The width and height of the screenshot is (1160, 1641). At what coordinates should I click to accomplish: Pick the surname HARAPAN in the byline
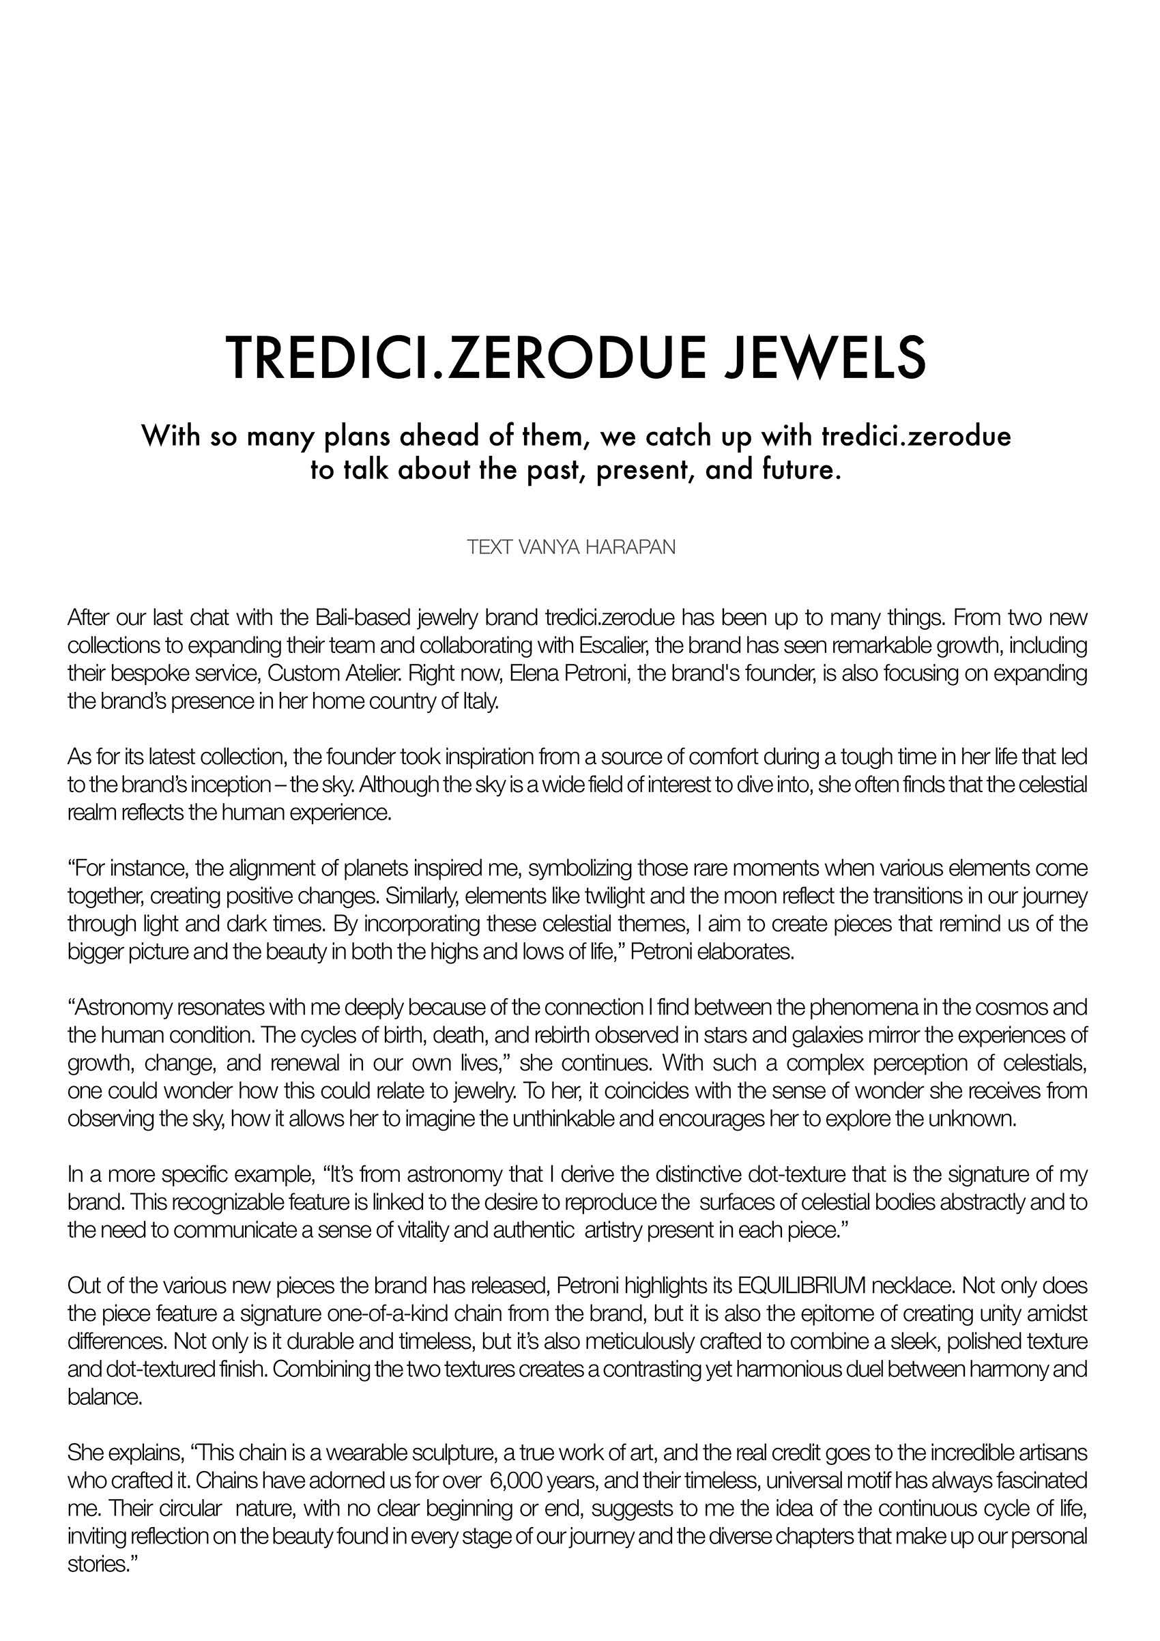(637, 549)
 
